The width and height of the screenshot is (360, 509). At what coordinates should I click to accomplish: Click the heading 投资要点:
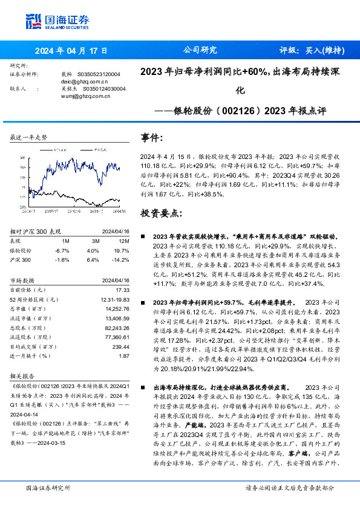(x=161, y=214)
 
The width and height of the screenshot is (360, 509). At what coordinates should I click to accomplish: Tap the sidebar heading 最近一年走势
(x=29, y=138)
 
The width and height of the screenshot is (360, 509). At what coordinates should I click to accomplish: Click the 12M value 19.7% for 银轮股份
(x=122, y=250)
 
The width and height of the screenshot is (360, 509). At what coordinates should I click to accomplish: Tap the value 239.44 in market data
(x=120, y=347)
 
